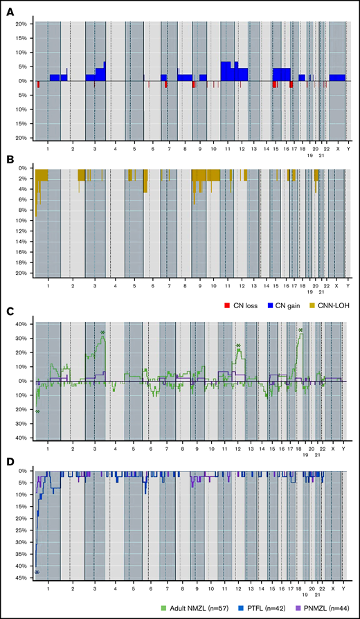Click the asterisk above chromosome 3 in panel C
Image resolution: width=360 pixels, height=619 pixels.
[x=102, y=333]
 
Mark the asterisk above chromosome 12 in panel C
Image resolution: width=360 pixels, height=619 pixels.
[x=238, y=346]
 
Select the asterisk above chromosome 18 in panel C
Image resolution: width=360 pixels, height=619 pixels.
[x=300, y=330]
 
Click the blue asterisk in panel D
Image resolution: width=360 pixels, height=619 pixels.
[x=37, y=572]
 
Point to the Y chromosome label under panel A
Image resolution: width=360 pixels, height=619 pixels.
[x=348, y=148]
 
